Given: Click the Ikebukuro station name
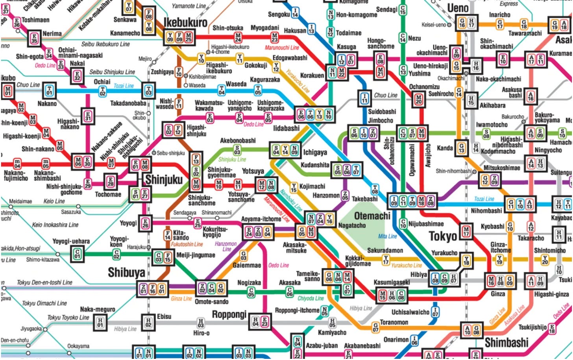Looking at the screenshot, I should (185, 22).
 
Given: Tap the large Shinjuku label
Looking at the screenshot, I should (164, 180).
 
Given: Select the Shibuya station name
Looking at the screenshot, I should (126, 272).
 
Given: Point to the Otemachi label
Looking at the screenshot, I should (372, 216).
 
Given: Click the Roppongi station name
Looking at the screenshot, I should (229, 314).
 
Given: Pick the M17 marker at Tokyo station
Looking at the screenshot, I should (466, 231).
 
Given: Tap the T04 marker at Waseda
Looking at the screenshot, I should (222, 90).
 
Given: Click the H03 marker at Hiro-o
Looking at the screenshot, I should (201, 323).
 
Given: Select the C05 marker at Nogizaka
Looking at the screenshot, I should (251, 292).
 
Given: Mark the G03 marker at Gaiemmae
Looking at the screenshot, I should (244, 256).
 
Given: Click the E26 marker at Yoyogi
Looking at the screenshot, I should (145, 223).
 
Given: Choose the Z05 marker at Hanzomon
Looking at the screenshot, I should (345, 195).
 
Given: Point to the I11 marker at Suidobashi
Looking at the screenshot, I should (364, 98).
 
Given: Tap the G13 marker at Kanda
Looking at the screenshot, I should (461, 148).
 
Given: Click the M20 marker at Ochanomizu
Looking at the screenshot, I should (418, 100).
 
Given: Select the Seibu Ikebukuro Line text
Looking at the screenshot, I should (105, 44).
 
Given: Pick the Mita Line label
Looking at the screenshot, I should (387, 236).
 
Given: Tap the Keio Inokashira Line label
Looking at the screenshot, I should (55, 225).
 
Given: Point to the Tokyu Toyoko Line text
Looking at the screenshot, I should (68, 317).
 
